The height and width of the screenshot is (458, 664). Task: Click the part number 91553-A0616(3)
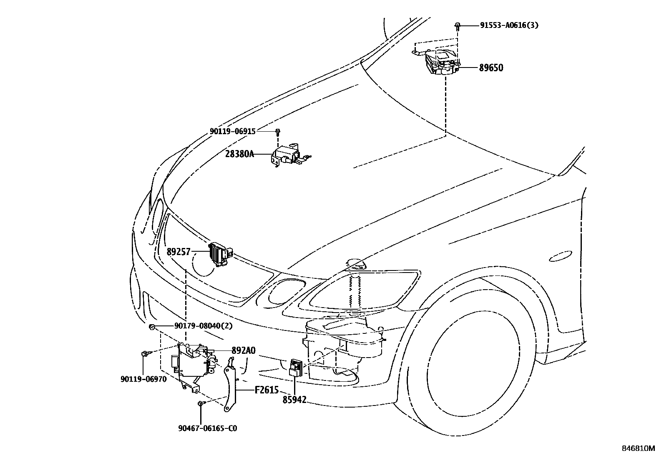[x=509, y=25]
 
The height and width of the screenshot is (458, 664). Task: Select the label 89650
[x=491, y=68]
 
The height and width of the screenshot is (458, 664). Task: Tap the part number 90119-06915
[x=233, y=132]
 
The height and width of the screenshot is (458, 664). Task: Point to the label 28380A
[x=239, y=154]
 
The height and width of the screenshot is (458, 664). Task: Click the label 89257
[x=179, y=252]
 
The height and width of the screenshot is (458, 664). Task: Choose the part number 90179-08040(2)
[x=204, y=326]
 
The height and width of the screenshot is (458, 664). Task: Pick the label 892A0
[x=243, y=351]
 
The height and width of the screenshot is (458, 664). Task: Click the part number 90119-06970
[x=143, y=379]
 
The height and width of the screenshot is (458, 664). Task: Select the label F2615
[x=267, y=390]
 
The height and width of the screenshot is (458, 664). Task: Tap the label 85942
[x=294, y=400]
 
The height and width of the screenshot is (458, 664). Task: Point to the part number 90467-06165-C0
[x=208, y=428]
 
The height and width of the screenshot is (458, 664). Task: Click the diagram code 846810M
[x=638, y=448]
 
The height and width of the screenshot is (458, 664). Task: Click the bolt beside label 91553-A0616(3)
[x=458, y=27]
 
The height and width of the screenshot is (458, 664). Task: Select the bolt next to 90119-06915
[x=278, y=132]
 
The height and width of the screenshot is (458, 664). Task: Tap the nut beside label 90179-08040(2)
[x=151, y=327]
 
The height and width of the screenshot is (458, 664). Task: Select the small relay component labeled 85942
[x=295, y=368]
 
